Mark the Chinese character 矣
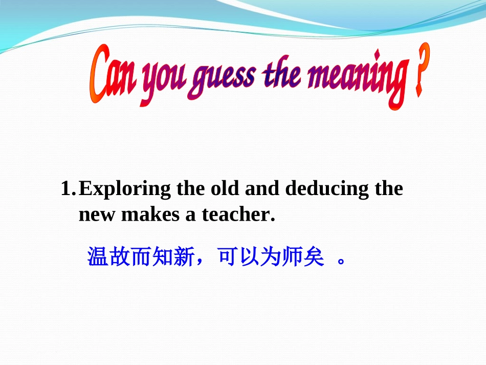314,257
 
